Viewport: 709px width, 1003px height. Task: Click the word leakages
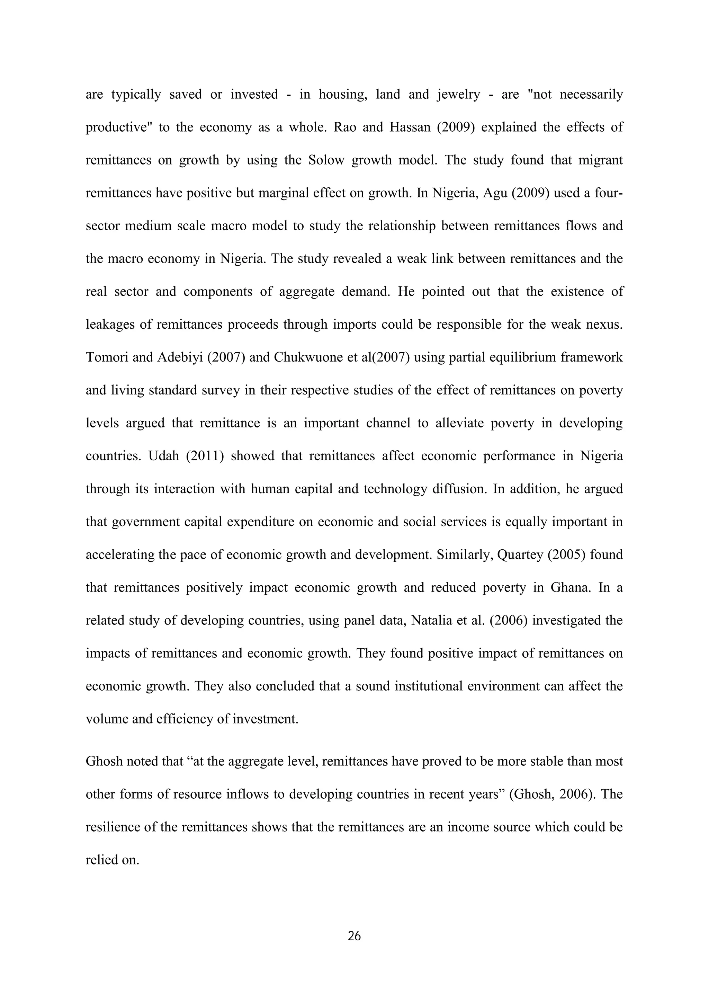point(109,325)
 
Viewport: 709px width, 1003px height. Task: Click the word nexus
point(607,325)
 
